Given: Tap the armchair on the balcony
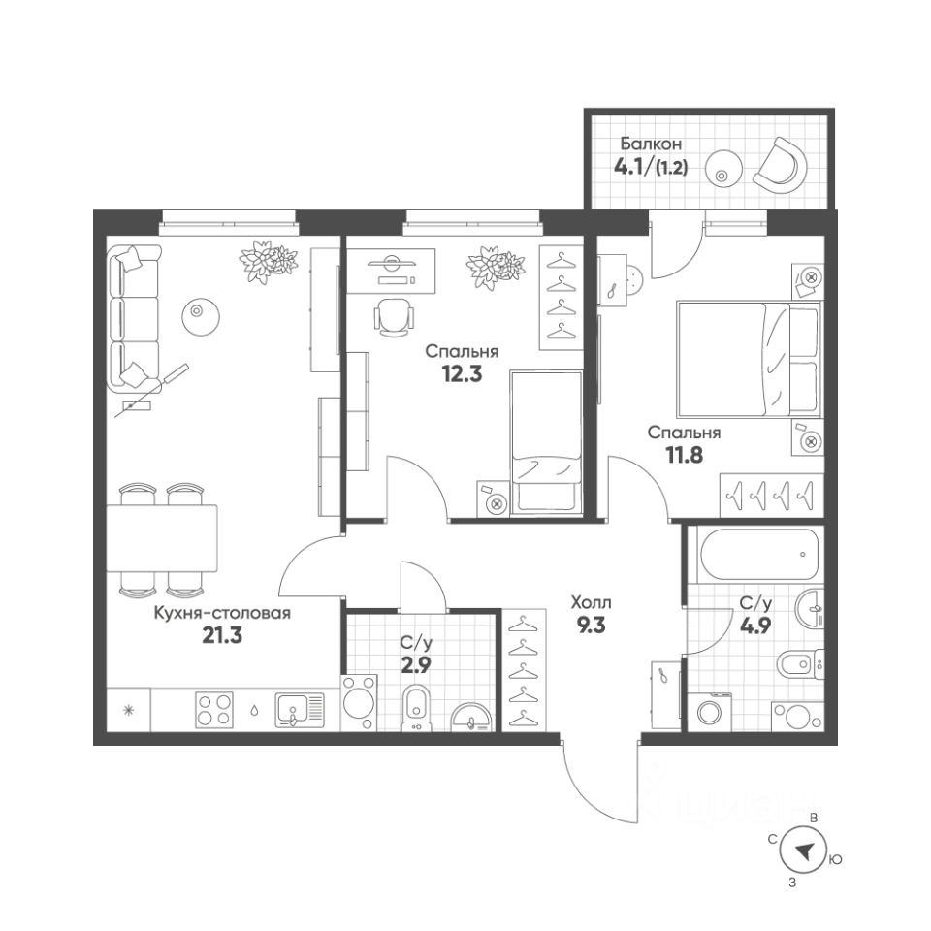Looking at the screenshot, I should pyautogui.click(x=780, y=165).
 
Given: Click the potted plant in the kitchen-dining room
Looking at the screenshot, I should pyautogui.click(x=269, y=260).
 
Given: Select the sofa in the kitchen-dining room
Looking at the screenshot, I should pyautogui.click(x=134, y=315).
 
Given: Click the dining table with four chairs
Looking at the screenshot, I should pyautogui.click(x=162, y=539).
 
